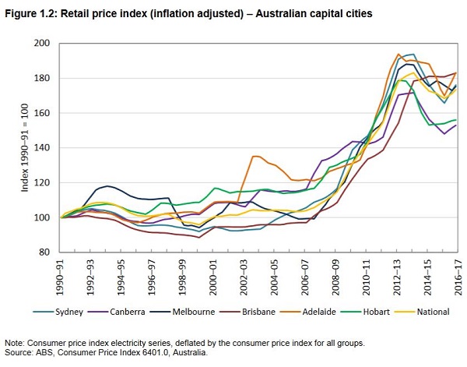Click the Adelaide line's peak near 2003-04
[x=255, y=156]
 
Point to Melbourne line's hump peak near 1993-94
[x=107, y=186]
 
